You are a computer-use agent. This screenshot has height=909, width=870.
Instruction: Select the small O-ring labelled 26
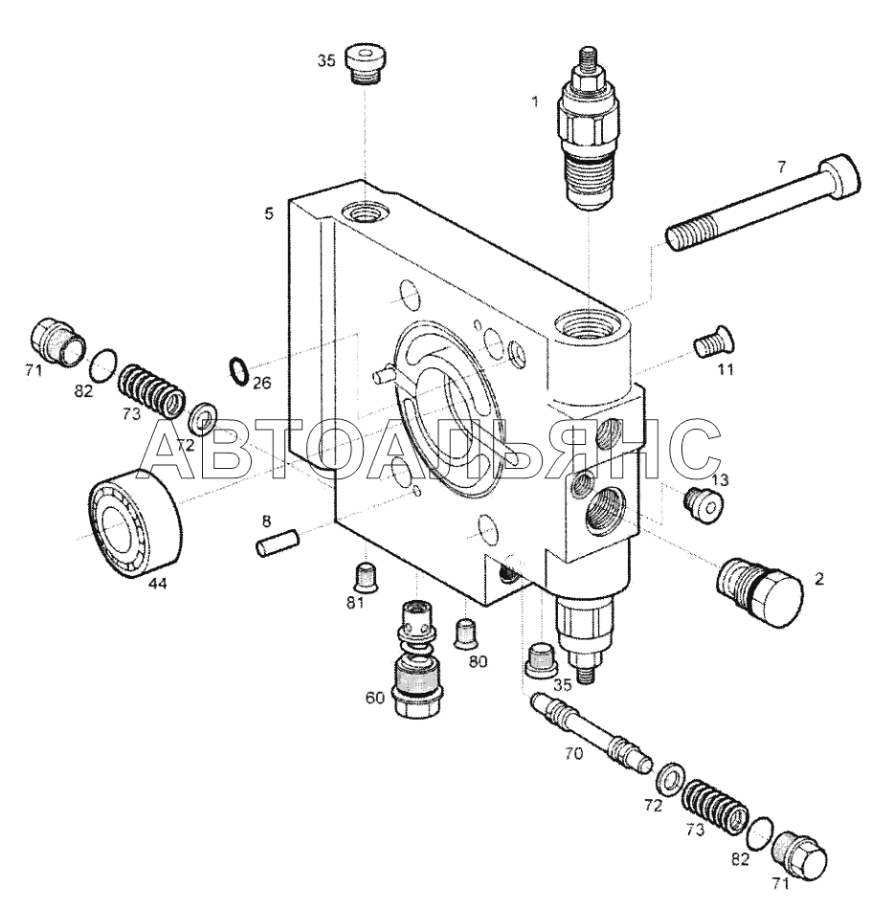click(x=239, y=371)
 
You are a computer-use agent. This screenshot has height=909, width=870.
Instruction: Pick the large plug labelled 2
click(x=760, y=590)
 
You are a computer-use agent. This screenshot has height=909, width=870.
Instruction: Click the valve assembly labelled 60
click(x=416, y=658)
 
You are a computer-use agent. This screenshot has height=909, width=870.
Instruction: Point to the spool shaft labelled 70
click(x=591, y=732)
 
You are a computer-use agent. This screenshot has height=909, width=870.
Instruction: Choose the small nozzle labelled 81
click(x=366, y=576)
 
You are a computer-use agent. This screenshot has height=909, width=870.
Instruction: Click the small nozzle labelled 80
click(x=466, y=633)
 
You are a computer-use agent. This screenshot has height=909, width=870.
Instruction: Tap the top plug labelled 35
click(x=368, y=65)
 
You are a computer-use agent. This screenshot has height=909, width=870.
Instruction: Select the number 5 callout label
click(x=269, y=214)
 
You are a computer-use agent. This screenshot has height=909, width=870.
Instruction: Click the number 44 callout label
click(x=157, y=584)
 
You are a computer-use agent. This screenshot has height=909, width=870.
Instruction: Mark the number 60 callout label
click(x=375, y=698)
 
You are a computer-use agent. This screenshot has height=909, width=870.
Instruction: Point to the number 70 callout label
click(x=573, y=754)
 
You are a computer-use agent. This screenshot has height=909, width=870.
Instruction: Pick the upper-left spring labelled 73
click(x=152, y=390)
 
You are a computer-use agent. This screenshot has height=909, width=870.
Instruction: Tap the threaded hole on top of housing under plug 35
click(x=365, y=212)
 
